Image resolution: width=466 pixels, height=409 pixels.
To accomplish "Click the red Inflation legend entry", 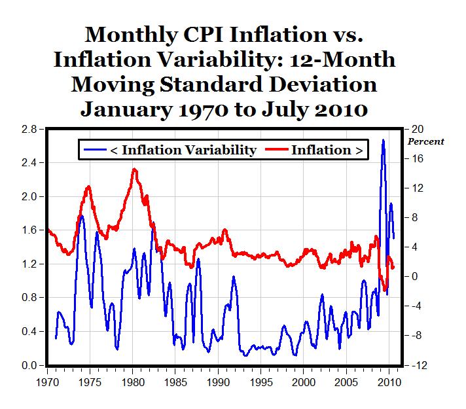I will pos(316,150).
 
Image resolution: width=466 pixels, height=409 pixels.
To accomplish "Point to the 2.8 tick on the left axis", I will pos(28,129).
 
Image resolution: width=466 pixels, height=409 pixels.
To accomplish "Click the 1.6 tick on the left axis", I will pos(28,230).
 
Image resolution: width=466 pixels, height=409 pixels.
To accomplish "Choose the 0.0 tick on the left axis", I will pos(28,365).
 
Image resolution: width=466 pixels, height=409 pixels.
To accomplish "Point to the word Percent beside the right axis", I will pos(425,141).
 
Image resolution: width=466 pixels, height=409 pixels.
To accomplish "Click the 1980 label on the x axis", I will pos(133,380).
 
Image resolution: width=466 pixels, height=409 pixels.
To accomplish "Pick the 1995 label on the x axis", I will pos(261,380).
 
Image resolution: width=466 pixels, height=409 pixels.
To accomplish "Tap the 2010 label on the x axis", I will pos(389,380).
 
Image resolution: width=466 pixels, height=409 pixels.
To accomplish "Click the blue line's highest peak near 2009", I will pos(383,139).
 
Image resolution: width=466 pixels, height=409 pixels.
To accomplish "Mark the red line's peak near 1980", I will pos(134,169).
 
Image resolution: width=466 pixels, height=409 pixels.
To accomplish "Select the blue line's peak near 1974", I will pos(81,215).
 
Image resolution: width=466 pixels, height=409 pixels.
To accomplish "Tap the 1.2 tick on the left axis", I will pos(28,264).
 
